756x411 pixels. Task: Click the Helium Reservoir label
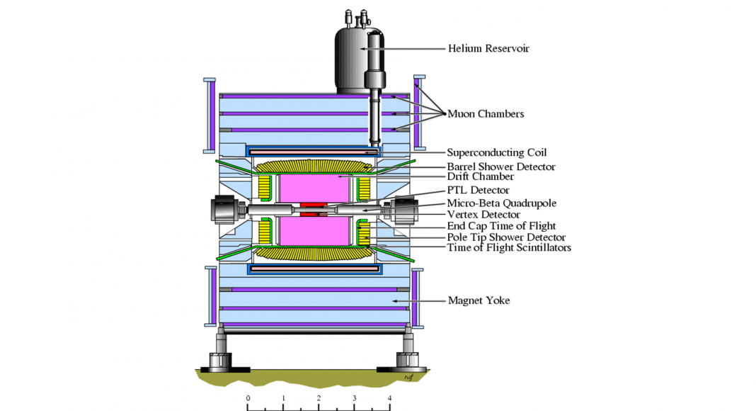point(488,48)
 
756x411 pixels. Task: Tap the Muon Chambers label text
point(486,114)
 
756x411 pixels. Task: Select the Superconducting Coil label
point(497,152)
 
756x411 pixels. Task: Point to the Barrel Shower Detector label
point(501,167)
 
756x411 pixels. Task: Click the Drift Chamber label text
point(480,176)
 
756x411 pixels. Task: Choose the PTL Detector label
point(479,190)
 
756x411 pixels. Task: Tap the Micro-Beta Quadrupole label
point(501,203)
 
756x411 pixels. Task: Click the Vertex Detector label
point(483,215)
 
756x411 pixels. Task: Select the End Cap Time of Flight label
point(501,226)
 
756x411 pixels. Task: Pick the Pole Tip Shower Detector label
point(506,237)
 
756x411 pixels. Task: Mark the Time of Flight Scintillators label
point(509,248)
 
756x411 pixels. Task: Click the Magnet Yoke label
point(479,300)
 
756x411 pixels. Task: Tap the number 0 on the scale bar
point(248,398)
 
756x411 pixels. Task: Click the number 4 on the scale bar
point(389,398)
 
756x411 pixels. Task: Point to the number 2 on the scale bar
point(319,398)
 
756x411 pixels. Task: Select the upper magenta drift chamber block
point(314,188)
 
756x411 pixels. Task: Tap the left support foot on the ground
point(220,361)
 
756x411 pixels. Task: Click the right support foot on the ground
point(408,361)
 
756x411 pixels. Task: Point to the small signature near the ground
point(409,377)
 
